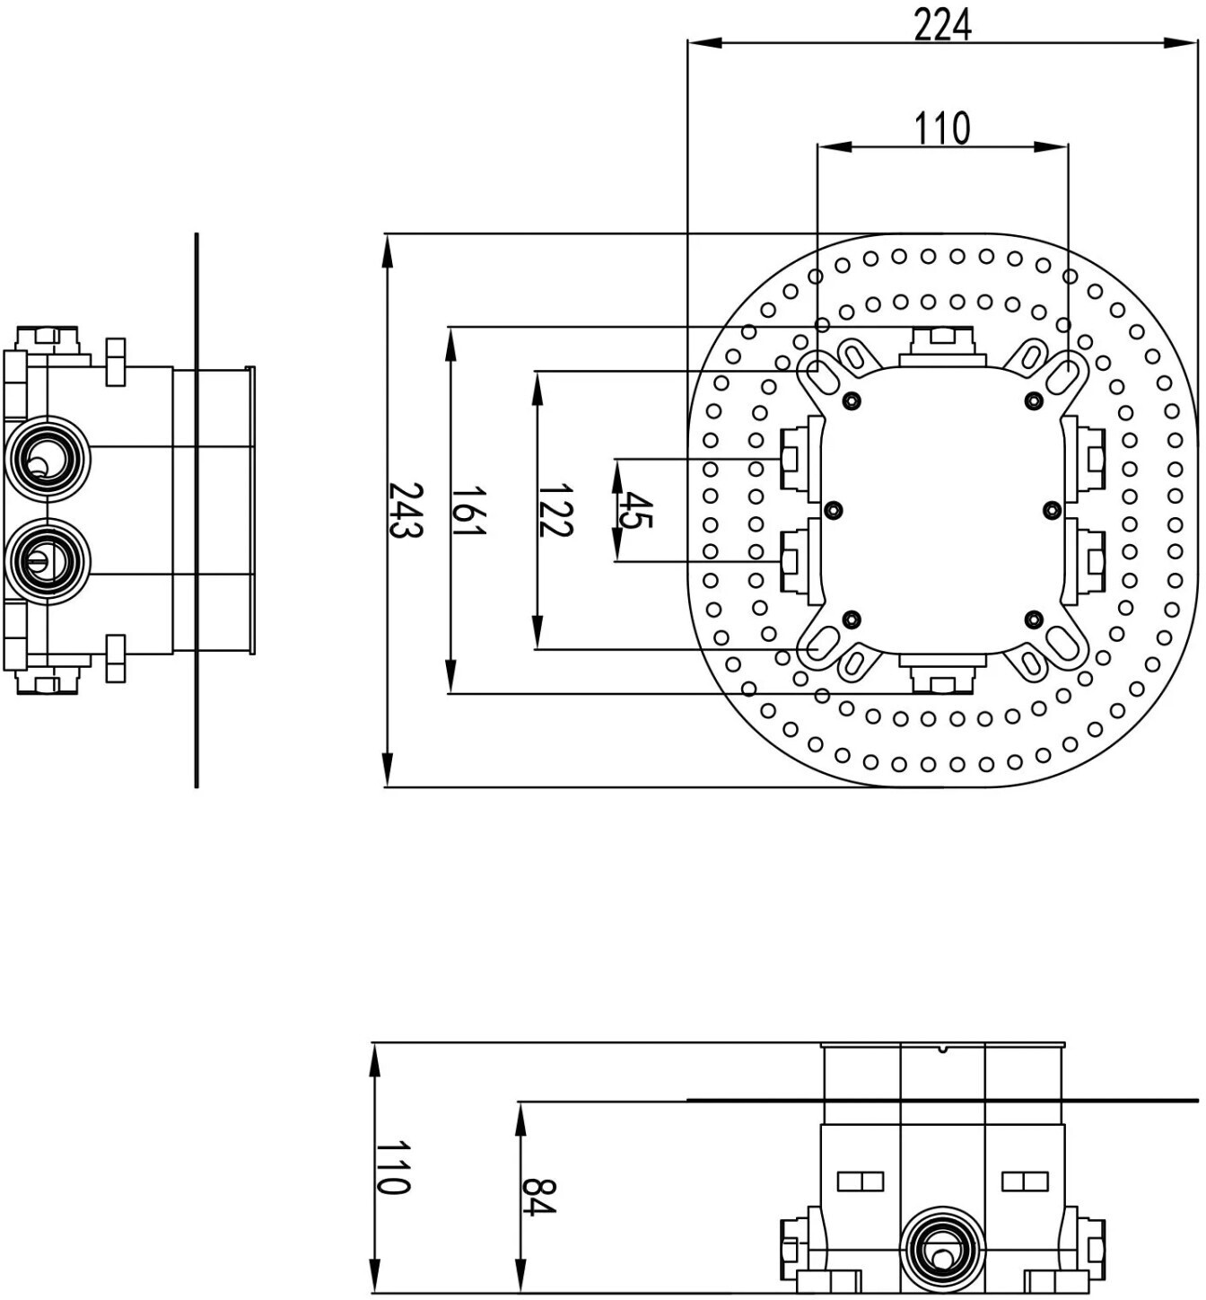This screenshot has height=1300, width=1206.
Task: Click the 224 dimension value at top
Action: [942, 26]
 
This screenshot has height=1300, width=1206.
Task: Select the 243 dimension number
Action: [406, 511]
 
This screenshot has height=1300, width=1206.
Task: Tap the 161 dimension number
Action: [468, 511]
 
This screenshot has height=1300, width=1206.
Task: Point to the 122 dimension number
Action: [555, 511]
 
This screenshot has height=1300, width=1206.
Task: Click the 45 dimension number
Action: [635, 511]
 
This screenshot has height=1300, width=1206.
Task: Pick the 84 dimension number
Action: [538, 1198]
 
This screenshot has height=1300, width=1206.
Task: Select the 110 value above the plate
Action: [941, 128]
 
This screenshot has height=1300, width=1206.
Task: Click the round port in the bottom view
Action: [942, 1246]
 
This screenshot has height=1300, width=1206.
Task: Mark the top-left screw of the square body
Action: [852, 400]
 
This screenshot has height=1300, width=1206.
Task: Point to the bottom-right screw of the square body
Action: [1034, 619]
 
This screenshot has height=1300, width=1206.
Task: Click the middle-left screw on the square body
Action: [833, 510]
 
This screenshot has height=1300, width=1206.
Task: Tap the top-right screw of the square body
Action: [1034, 400]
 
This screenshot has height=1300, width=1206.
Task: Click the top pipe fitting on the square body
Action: [942, 347]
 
